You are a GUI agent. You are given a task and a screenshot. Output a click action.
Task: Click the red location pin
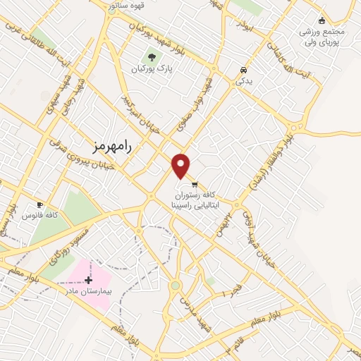click(x=182, y=165)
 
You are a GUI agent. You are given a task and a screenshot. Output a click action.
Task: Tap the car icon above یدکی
click(x=243, y=71)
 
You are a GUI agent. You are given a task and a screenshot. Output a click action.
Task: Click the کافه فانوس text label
click(x=39, y=214)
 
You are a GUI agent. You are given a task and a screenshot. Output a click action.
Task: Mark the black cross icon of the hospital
click(x=88, y=280)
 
